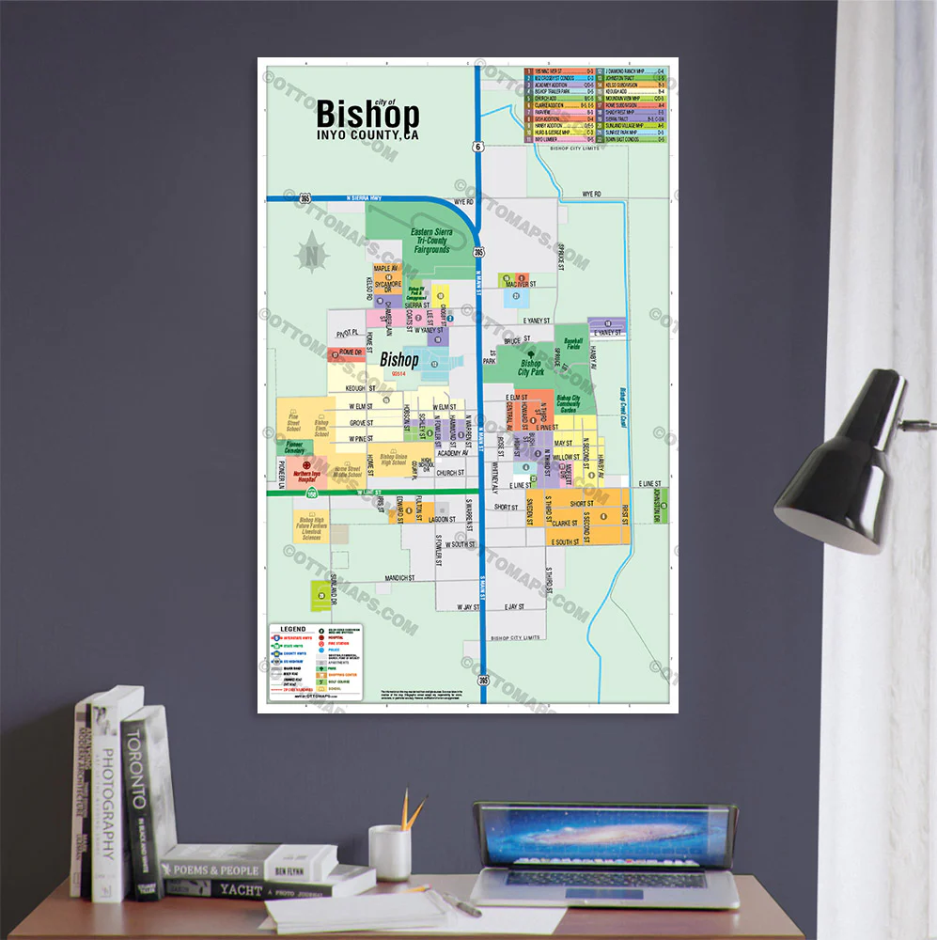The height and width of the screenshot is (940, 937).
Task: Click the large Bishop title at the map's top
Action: (x=367, y=115)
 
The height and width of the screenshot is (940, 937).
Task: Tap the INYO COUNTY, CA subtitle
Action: (x=367, y=135)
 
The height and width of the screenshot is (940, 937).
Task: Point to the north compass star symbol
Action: (x=311, y=254)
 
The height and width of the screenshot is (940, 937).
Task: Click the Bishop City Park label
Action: (x=531, y=368)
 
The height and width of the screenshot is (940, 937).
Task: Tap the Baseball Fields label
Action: (x=573, y=344)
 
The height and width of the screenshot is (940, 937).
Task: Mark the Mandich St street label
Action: (x=399, y=577)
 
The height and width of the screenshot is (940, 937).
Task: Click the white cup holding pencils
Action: (x=389, y=852)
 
